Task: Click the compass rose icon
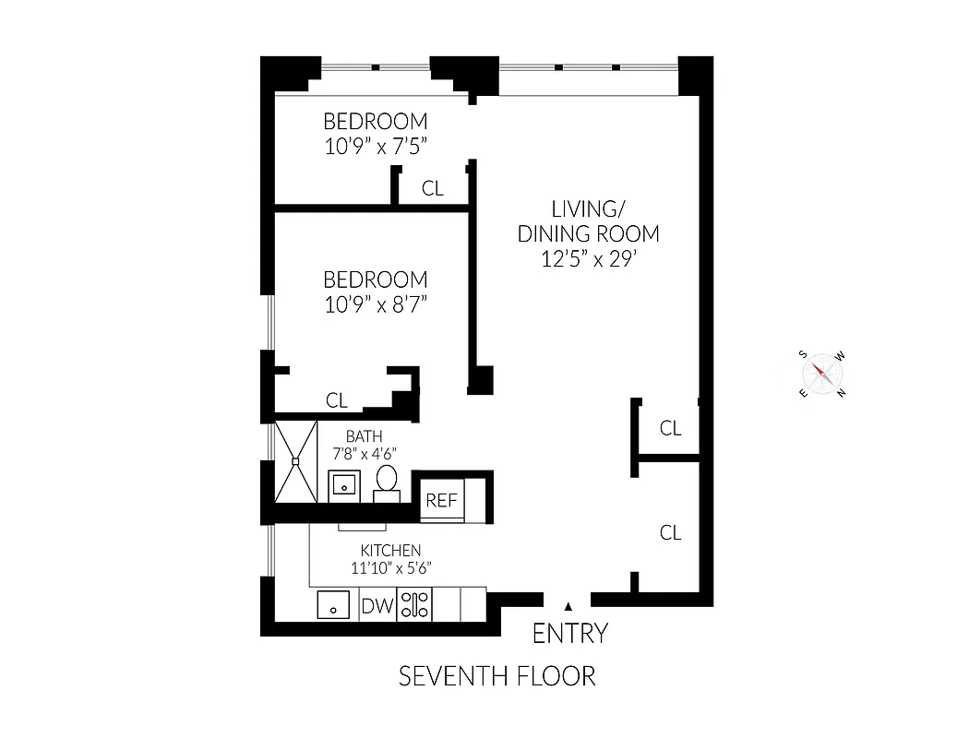(x=822, y=374)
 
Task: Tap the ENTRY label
(x=570, y=634)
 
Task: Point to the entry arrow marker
(x=568, y=605)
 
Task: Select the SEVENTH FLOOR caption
(x=496, y=676)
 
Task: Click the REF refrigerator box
(x=441, y=501)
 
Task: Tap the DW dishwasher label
(x=377, y=606)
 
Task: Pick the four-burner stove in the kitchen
(x=413, y=605)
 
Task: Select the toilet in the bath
(x=386, y=482)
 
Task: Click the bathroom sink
(x=344, y=484)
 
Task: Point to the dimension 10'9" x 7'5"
(x=376, y=145)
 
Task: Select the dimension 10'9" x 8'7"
(x=376, y=304)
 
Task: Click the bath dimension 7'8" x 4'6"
(x=364, y=453)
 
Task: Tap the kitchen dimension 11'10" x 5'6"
(x=391, y=568)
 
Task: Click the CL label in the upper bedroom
(x=432, y=189)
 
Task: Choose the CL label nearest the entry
(x=670, y=532)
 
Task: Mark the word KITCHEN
(x=391, y=551)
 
